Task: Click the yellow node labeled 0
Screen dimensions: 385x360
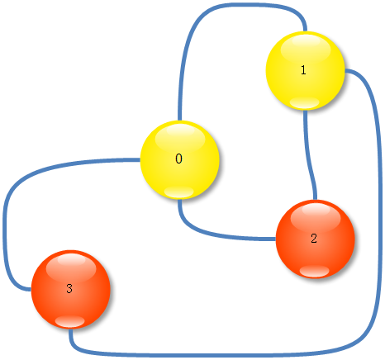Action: (180, 159)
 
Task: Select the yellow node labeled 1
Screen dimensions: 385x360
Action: (305, 71)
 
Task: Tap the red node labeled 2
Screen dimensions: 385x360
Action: (316, 239)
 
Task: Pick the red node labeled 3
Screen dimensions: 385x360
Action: (71, 289)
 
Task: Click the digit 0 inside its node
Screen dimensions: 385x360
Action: (178, 159)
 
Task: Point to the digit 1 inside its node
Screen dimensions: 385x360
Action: (303, 70)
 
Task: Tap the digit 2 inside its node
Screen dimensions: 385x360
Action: (314, 239)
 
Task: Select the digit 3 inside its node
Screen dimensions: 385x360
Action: (69, 288)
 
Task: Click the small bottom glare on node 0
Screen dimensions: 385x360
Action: (179, 192)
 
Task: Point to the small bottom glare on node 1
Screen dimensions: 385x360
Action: (304, 103)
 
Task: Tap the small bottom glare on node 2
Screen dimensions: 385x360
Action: (315, 271)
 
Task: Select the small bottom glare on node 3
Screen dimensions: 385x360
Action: (70, 321)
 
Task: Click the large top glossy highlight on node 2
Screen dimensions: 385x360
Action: (316, 217)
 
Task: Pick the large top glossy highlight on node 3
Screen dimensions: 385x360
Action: (71, 268)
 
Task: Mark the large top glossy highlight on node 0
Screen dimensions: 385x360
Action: (180, 138)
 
